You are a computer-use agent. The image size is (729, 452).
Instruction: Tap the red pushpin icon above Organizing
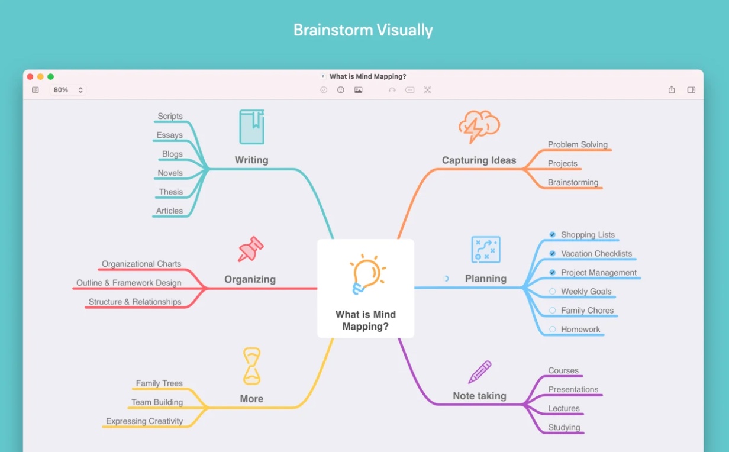pos(250,250)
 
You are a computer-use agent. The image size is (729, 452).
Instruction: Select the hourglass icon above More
pos(252,366)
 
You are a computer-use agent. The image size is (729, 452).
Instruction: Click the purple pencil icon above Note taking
pos(480,372)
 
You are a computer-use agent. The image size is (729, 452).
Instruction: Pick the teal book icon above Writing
pos(251,127)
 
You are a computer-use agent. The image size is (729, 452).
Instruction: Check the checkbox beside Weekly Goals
pos(553,291)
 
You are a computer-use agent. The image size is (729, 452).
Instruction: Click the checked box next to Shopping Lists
pos(553,234)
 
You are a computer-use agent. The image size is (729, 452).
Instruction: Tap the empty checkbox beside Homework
pos(553,329)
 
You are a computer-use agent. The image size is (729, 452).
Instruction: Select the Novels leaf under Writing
pos(170,173)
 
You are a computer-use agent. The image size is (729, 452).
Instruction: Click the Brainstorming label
pos(573,182)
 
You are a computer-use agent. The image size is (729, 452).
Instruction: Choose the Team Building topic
pos(157,402)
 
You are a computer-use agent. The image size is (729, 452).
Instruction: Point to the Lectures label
pos(564,408)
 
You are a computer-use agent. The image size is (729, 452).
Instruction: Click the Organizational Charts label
pos(141,264)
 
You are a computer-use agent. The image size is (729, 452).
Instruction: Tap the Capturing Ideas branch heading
pos(479,160)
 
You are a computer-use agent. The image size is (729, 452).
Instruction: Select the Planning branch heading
pos(486,279)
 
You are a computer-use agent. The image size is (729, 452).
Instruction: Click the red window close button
pos(30,76)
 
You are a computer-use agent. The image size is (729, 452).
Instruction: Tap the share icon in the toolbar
pos(672,90)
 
